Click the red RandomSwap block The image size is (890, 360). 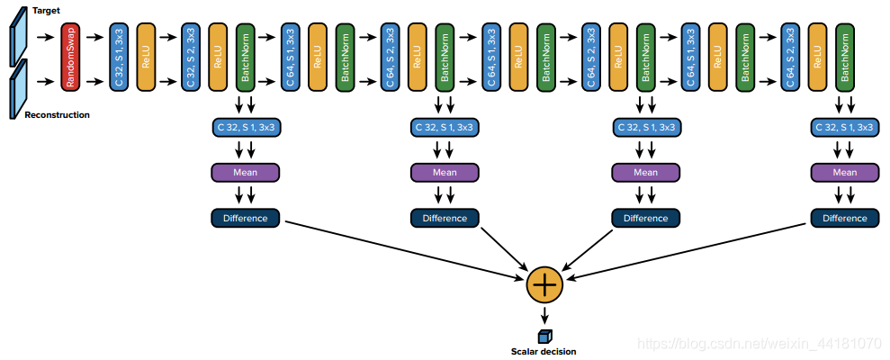point(71,57)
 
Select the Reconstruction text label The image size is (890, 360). point(57,115)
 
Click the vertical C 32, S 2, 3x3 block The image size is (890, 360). point(190,57)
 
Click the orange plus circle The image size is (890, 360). point(544,284)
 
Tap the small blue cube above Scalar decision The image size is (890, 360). point(544,336)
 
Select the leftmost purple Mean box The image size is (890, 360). point(245,173)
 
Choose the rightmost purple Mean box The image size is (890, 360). point(844,173)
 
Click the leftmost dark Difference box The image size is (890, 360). point(245,218)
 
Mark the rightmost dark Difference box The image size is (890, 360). point(844,218)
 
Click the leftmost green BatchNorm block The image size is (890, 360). point(245,57)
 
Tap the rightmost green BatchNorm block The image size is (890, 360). point(844,57)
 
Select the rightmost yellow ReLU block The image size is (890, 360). point(816,57)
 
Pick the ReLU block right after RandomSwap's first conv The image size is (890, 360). point(146,57)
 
